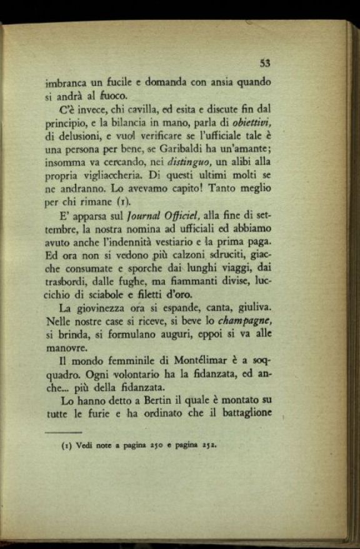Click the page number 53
[265, 63]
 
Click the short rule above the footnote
[63, 432]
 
